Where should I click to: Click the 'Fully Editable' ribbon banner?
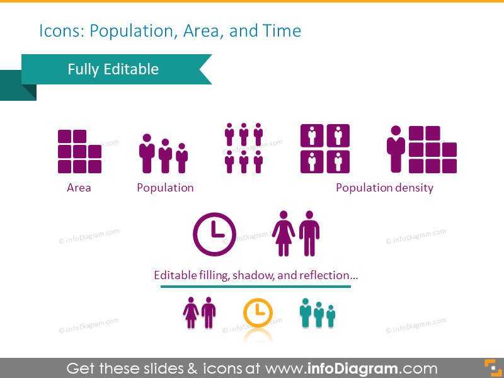pos(113,69)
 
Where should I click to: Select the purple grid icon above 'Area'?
pos(79,152)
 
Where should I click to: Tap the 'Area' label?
pos(79,188)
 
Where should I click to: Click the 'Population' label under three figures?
pos(165,188)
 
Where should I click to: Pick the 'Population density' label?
pos(384,188)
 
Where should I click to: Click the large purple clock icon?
pos(214,234)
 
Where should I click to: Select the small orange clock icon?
pos(258,312)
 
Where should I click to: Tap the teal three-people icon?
pos(318,313)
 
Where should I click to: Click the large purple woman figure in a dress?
pos(283,234)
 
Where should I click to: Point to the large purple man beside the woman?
pos(309,234)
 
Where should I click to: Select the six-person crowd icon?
pos(244,148)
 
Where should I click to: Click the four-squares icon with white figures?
pos(325,149)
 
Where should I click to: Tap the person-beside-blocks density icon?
pos(421,149)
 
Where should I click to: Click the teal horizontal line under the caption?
pos(255,287)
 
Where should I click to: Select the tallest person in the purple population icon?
pos(147,153)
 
